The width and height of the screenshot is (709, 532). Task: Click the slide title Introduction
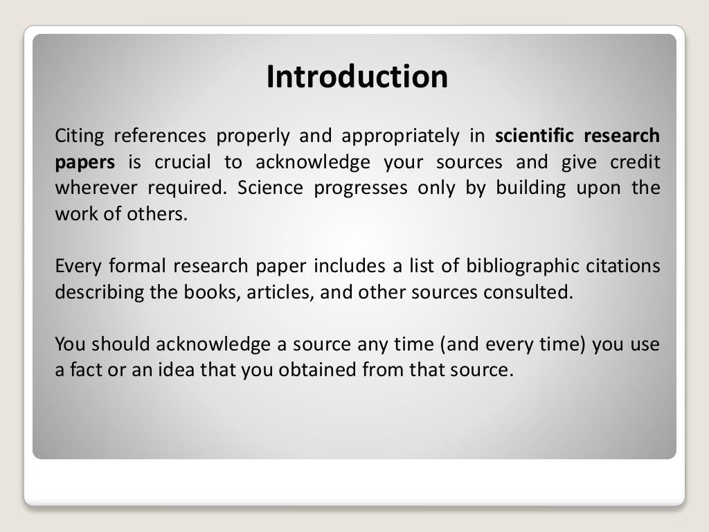pos(357,77)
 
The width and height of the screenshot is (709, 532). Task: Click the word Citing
pos(78,136)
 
